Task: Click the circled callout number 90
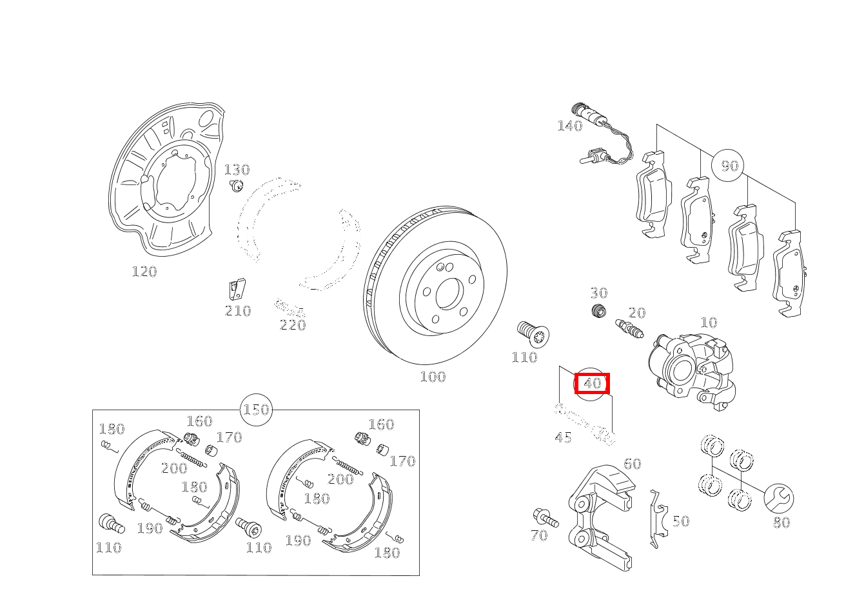[x=730, y=166]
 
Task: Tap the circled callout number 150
[x=256, y=410]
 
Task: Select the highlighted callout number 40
[x=592, y=383]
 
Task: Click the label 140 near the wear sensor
[x=570, y=126]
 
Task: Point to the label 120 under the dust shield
[x=144, y=272]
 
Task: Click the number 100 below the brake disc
[x=433, y=377]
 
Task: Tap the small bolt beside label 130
[x=237, y=186]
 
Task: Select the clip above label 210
[x=237, y=290]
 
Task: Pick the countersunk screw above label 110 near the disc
[x=533, y=334]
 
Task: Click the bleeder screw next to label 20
[x=629, y=329]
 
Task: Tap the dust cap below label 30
[x=598, y=311]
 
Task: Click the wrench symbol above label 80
[x=779, y=499]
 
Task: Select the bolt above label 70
[x=546, y=518]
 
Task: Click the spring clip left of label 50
[x=659, y=519]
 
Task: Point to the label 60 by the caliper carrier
[x=632, y=464]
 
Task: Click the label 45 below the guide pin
[x=563, y=437]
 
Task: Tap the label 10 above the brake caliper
[x=709, y=322]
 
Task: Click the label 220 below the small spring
[x=293, y=325]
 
